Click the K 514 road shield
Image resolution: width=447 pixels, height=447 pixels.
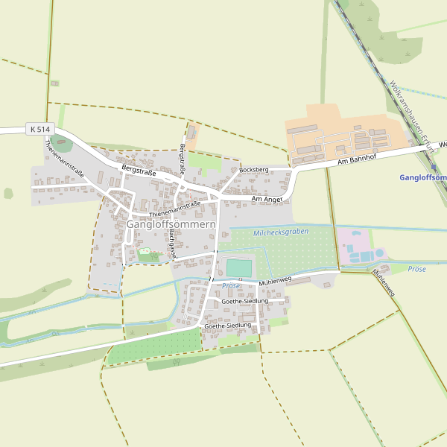(41, 130)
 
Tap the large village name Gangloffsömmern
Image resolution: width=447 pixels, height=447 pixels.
(171, 224)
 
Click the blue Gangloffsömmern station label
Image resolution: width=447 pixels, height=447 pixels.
(422, 177)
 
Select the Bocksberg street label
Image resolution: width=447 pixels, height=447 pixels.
(253, 171)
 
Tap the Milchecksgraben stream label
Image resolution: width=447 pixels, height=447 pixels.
(281, 232)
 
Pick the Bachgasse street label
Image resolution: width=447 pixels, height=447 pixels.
(172, 243)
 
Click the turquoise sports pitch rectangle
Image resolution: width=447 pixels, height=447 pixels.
(239, 267)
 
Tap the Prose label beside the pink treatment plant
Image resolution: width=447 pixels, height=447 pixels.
(416, 269)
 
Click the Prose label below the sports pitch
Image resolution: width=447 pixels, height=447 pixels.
(231, 286)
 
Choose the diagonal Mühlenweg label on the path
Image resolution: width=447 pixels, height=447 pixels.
(384, 282)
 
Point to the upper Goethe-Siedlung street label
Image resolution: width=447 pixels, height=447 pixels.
(239, 301)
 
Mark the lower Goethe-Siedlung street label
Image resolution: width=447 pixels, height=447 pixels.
(227, 326)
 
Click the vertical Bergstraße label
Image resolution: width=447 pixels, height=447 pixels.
(182, 157)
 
